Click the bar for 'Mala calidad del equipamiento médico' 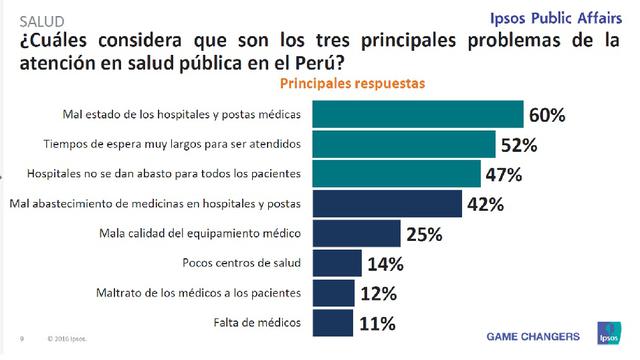coord(366,234)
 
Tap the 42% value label coord(484,205)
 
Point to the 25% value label coord(423,235)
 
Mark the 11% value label coord(378,324)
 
